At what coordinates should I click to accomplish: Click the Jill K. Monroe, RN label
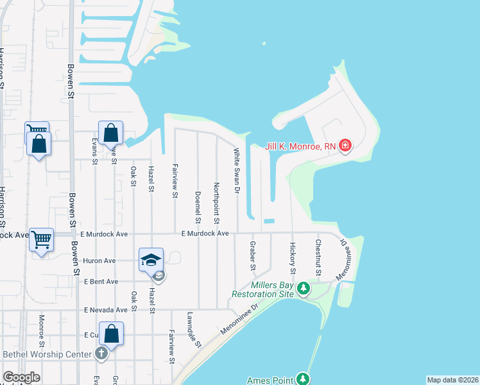pos(302,146)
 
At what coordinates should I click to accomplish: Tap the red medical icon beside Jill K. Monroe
pos(345,146)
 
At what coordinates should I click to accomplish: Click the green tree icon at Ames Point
pos(303,380)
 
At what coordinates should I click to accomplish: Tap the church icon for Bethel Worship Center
pos(101,354)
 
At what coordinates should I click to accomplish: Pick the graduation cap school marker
pos(151,260)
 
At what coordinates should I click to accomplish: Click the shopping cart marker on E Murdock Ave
pos(42,239)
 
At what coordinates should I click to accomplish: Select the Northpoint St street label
pos(217,203)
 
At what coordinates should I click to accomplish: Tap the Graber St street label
pos(253,256)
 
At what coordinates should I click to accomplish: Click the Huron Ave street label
pos(99,261)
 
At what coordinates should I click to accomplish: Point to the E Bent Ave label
pos(100,282)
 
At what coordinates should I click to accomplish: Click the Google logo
pos(21,377)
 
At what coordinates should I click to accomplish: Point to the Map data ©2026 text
pos(452,380)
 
